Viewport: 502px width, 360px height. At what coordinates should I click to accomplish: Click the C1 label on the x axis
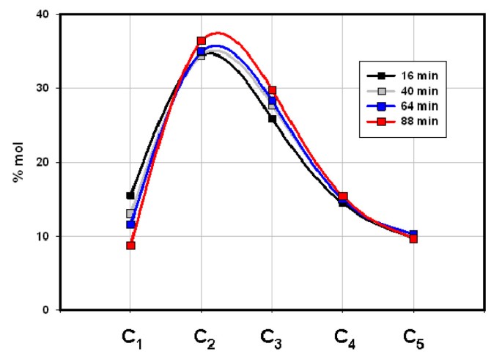pos(130,338)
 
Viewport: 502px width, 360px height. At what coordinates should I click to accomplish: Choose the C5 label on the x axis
pos(414,338)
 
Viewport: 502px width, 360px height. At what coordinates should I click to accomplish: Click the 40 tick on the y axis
pos(44,15)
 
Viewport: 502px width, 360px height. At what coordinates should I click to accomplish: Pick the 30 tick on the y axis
pos(44,89)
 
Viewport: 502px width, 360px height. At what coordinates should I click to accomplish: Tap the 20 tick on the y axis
pos(44,163)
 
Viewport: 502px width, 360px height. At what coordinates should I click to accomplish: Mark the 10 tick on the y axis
pos(44,237)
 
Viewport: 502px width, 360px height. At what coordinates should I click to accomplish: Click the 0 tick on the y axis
pos(48,310)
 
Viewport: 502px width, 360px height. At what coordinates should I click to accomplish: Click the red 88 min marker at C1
pos(130,246)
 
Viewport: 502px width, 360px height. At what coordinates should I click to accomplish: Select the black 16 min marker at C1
pos(130,196)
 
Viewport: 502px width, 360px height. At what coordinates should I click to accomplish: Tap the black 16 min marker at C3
pos(272,119)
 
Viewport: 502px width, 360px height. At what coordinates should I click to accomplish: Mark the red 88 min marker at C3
pos(272,90)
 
